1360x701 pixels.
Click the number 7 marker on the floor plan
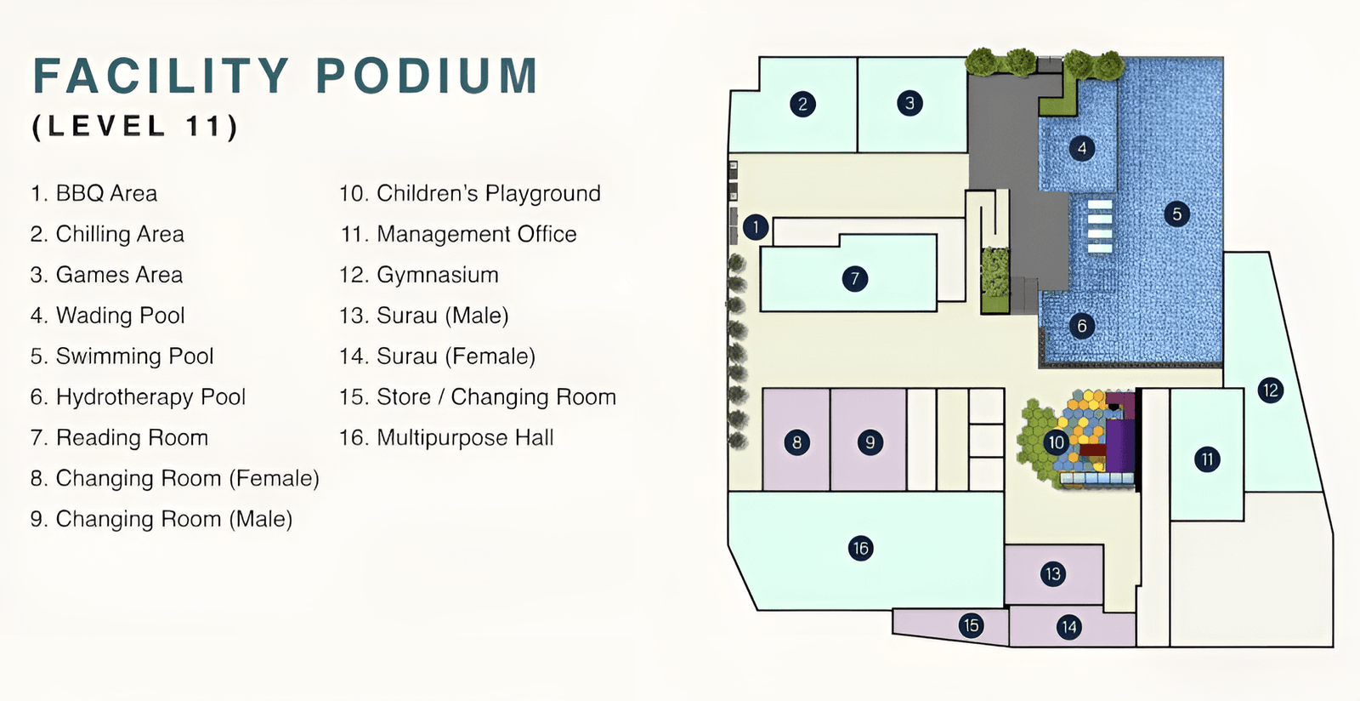tap(855, 279)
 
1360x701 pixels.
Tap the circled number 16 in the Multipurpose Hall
tap(861, 549)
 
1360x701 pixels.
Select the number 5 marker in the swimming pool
tap(1176, 214)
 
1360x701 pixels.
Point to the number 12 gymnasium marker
tap(1271, 390)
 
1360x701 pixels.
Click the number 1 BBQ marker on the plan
tap(756, 228)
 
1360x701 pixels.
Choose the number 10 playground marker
tap(1057, 442)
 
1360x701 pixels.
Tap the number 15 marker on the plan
tap(972, 625)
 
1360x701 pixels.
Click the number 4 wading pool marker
tap(1082, 148)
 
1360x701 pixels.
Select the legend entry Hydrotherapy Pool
tap(138, 397)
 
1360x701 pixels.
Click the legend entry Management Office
tap(458, 235)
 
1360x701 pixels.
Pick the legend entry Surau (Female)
tap(437, 356)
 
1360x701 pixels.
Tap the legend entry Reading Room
tap(119, 438)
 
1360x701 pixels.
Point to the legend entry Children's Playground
tap(470, 194)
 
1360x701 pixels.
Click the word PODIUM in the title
tap(427, 76)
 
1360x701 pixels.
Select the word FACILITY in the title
tap(161, 76)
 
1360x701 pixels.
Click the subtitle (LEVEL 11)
tap(135, 127)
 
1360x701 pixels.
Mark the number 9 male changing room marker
tap(870, 442)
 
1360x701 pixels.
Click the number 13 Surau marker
tap(1053, 574)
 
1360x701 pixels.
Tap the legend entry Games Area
tap(106, 275)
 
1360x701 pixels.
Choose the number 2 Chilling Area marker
tap(802, 104)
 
